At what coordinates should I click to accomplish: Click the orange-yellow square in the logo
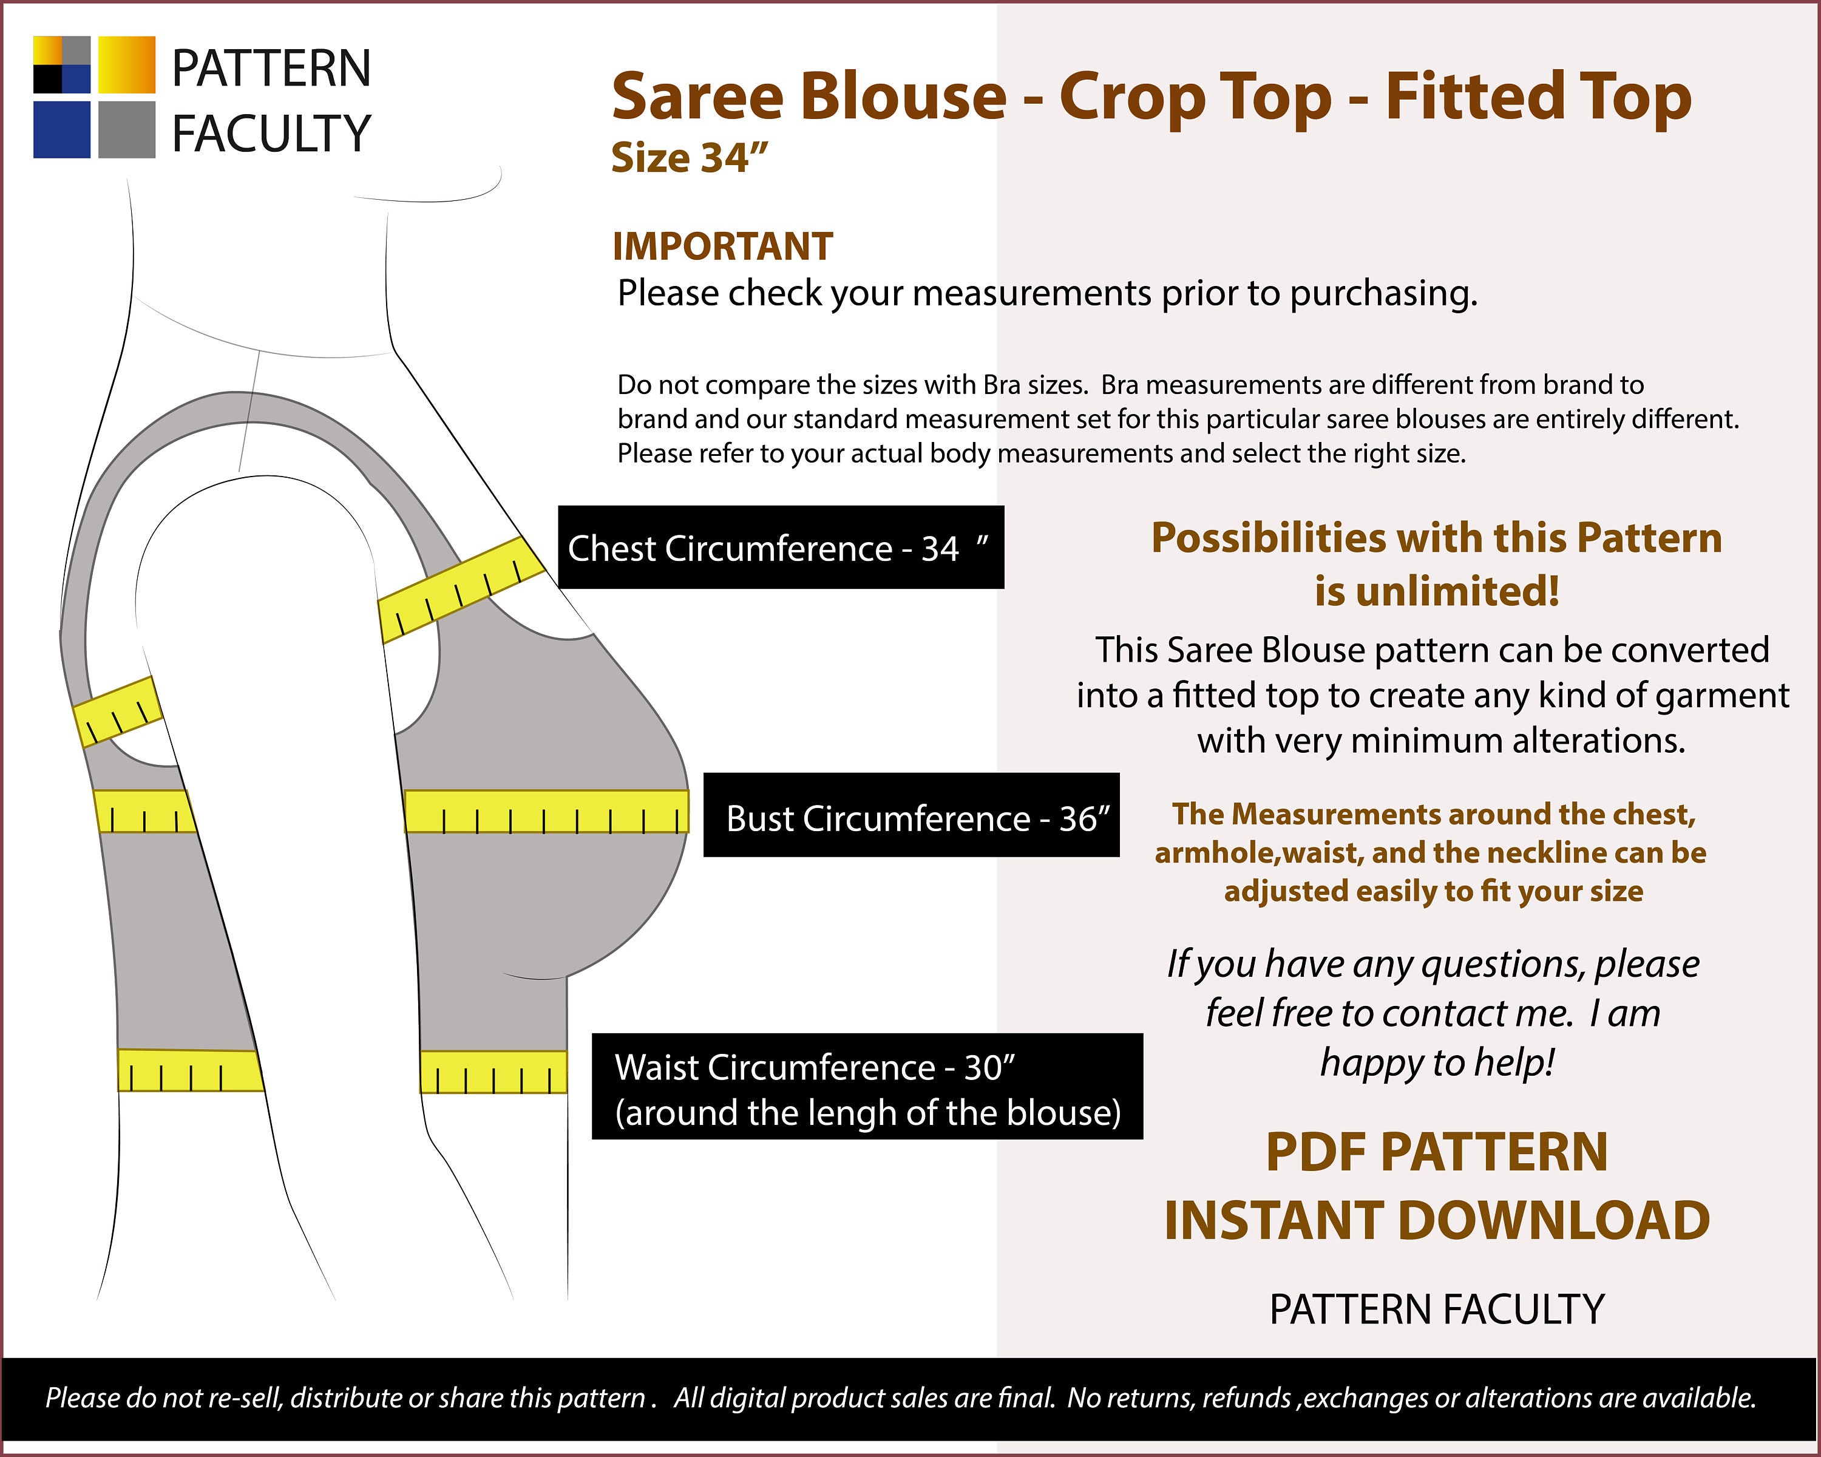tap(127, 64)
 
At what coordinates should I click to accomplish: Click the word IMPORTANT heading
tap(723, 246)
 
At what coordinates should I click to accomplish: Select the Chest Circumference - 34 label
tap(781, 548)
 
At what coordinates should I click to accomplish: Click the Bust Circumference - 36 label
tap(911, 815)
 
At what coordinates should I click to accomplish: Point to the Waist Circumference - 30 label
tap(867, 1086)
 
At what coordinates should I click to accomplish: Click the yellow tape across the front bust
tap(546, 812)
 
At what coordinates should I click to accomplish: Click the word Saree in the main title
tap(697, 97)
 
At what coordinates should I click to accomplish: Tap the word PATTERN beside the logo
tap(271, 69)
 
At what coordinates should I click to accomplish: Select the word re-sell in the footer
tap(246, 1398)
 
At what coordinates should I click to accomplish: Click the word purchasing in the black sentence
tap(1383, 294)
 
